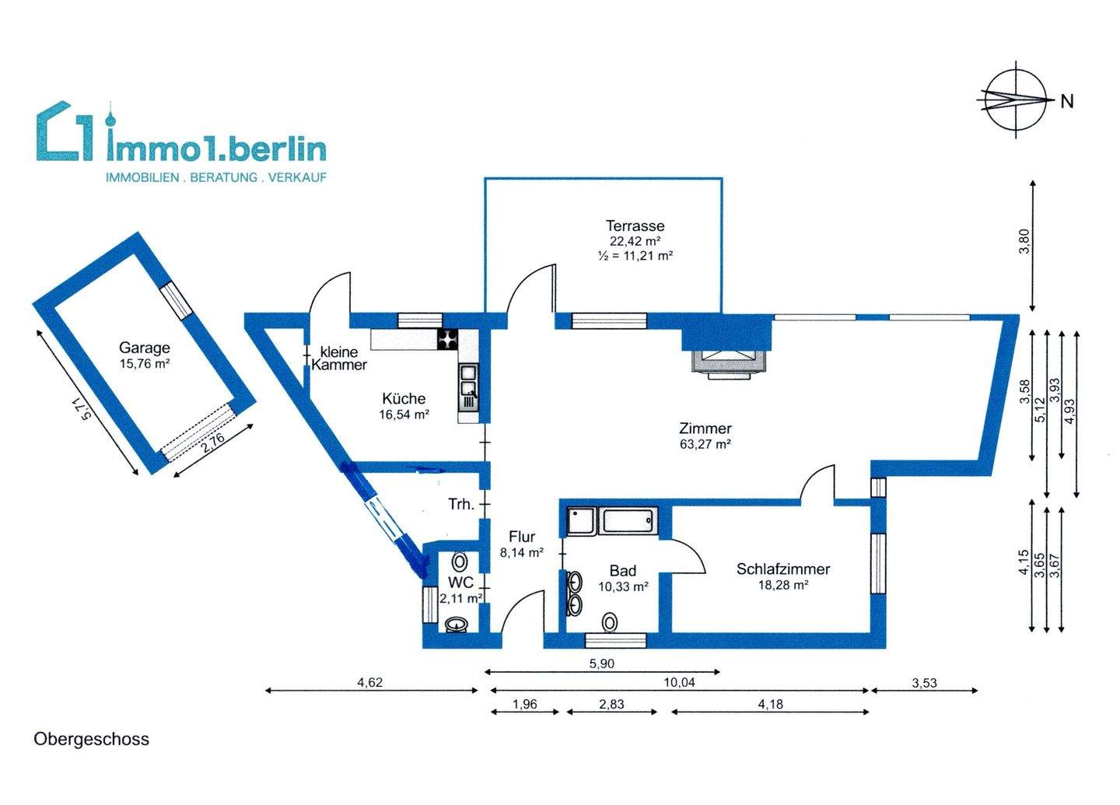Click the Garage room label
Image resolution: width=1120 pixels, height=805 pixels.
coord(144,348)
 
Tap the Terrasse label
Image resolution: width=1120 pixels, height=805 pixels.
coord(635,226)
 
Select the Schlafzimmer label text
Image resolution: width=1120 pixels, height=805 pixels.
coord(782,569)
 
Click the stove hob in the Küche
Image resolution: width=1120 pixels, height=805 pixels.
coord(449,339)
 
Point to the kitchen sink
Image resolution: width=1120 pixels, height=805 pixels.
coord(468,388)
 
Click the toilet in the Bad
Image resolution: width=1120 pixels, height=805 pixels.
coord(610,621)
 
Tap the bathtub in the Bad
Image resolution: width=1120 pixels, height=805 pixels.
coord(629,521)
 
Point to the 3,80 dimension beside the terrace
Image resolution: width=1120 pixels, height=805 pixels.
coord(1025,242)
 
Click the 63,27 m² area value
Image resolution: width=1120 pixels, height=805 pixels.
coord(705,445)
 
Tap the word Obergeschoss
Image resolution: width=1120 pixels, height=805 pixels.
coord(91,739)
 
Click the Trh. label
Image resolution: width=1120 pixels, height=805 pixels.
coord(461,504)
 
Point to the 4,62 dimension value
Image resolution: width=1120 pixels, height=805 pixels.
coord(370,683)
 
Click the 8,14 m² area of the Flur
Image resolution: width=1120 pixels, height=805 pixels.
coord(521,552)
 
